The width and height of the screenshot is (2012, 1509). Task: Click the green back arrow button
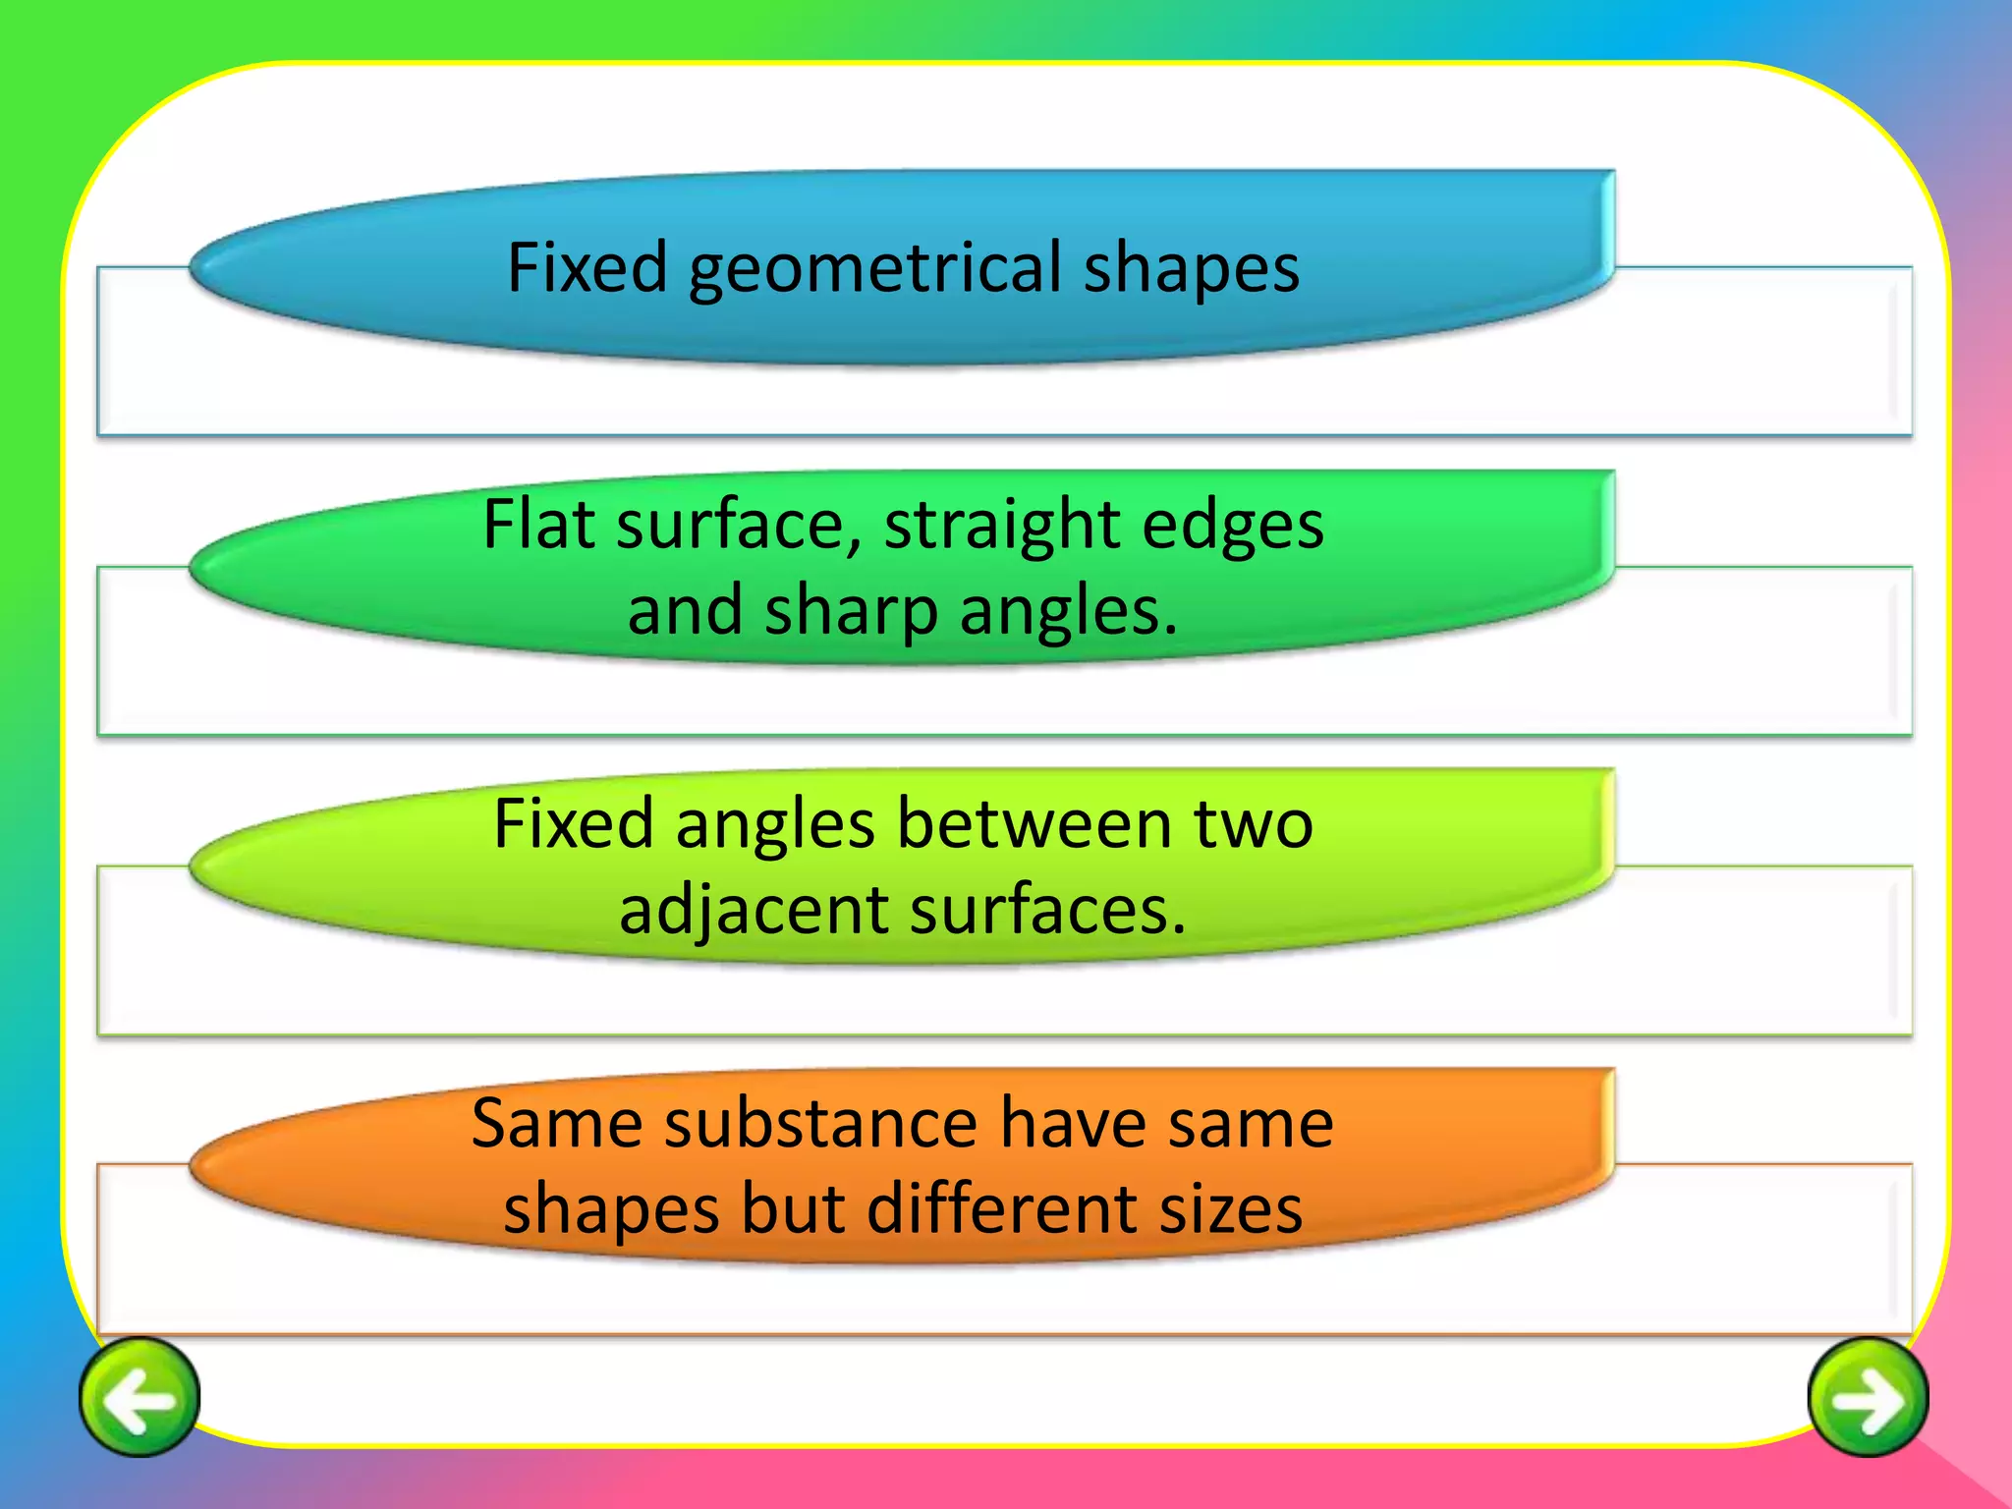[140, 1397]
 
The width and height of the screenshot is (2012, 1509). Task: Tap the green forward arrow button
[1868, 1397]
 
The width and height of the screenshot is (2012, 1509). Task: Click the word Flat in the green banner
[539, 525]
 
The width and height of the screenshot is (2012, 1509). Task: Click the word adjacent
[754, 912]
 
